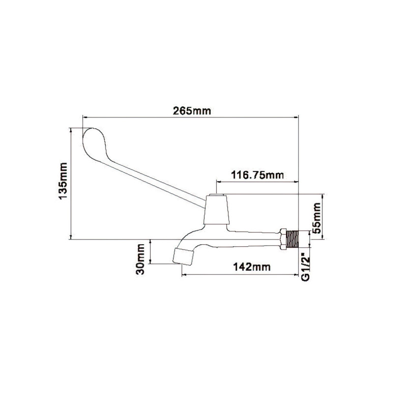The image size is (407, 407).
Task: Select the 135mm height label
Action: click(x=63, y=183)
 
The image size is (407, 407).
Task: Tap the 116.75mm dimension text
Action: click(x=257, y=175)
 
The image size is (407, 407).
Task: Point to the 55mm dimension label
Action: click(x=317, y=217)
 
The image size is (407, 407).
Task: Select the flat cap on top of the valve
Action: click(x=217, y=196)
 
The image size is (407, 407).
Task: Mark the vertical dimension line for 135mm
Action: click(x=71, y=183)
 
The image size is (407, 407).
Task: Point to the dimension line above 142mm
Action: click(x=239, y=275)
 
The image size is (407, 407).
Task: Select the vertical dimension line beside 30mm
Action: click(x=151, y=251)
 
